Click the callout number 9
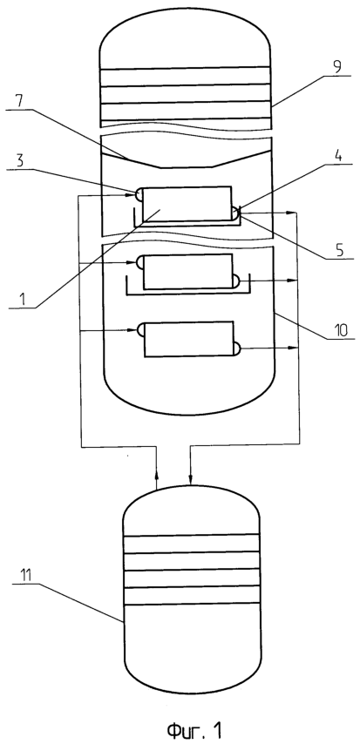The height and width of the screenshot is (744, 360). coord(336,66)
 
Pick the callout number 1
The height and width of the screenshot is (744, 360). coord(22,300)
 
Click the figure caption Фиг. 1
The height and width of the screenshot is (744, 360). coord(194,729)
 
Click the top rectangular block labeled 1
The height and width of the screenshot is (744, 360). coord(187,204)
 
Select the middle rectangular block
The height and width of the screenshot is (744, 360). coord(187,272)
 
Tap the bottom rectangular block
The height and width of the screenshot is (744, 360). coord(188,339)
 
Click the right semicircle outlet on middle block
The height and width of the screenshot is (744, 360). coord(236,281)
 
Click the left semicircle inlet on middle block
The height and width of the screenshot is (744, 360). coord(139,262)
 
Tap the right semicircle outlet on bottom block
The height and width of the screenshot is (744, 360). coord(237,348)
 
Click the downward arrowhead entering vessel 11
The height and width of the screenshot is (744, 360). coord(190,480)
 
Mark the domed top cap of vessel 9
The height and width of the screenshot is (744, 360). coord(185,33)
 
